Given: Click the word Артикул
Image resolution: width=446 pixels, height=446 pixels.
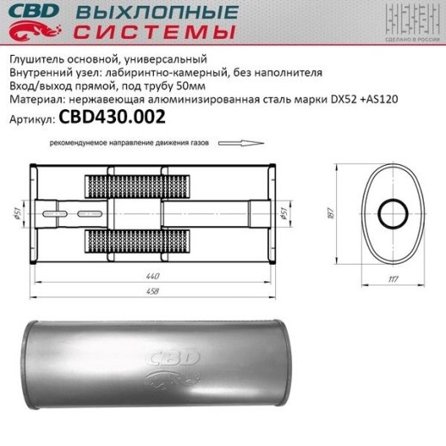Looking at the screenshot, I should click(x=32, y=122).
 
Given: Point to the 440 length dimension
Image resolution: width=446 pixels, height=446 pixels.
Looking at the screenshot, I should click(x=152, y=276).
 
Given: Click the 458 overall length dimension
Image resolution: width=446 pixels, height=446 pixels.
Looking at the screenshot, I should click(x=152, y=291).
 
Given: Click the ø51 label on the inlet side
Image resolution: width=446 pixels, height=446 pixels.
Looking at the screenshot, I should click(x=18, y=214).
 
